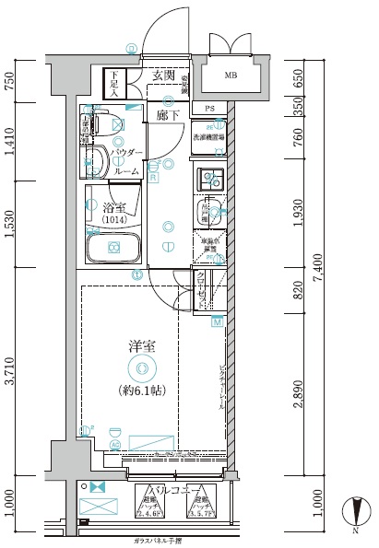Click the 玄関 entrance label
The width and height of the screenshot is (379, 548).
pyautogui.click(x=164, y=75)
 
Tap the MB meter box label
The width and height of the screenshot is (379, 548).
pyautogui.click(x=231, y=76)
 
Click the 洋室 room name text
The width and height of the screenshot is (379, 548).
pyautogui.click(x=141, y=346)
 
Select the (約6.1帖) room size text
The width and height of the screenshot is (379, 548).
pyautogui.click(x=141, y=391)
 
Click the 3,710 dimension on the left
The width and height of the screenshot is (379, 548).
pyautogui.click(x=10, y=371)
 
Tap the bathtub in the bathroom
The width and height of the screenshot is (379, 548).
pyautogui.click(x=113, y=248)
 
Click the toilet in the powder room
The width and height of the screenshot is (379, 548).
pyautogui.click(x=96, y=165)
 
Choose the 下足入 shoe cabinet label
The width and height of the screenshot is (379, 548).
pyautogui.click(x=113, y=84)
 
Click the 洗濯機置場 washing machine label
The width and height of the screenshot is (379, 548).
pyautogui.click(x=208, y=137)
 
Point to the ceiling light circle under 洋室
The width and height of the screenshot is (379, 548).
pyautogui.click(x=141, y=368)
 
